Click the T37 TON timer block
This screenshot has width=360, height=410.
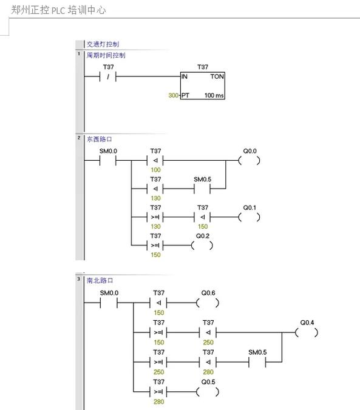[203, 86]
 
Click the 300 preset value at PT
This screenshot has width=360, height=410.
[174, 96]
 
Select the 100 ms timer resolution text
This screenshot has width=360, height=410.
[214, 96]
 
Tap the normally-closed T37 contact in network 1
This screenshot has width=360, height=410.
[107, 76]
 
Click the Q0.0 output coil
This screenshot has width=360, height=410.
[249, 161]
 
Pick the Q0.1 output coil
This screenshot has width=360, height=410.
[249, 217]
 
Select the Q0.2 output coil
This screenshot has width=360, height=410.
[202, 245]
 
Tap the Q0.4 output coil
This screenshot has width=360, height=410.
[307, 332]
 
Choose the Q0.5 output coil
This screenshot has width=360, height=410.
[208, 391]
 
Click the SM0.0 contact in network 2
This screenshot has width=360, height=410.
[107, 161]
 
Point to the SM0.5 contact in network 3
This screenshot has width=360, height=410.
[257, 362]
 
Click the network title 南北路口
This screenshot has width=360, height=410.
[100, 281]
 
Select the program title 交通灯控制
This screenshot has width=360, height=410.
[103, 44]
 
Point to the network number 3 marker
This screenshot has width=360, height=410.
[78, 279]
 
